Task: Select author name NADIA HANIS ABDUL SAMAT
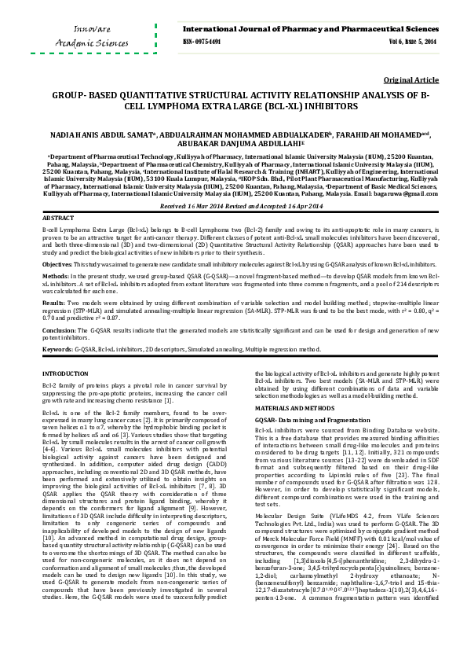97,134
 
